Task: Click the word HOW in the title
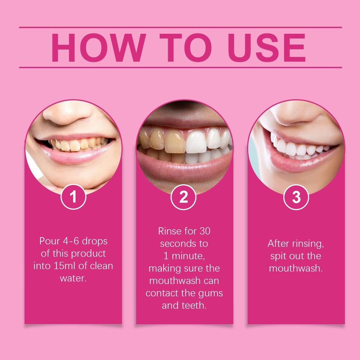[x=99, y=47]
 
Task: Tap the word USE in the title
[x=266, y=47]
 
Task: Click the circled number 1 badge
[x=73, y=197]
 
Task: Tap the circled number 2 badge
[x=184, y=197]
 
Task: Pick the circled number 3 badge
[x=296, y=197]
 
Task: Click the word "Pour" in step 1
[x=50, y=241]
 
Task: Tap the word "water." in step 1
[x=73, y=278]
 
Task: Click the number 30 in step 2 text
[x=205, y=231]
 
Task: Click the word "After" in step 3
[x=278, y=244]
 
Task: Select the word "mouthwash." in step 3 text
[x=296, y=268]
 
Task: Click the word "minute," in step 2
[x=188, y=256]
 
